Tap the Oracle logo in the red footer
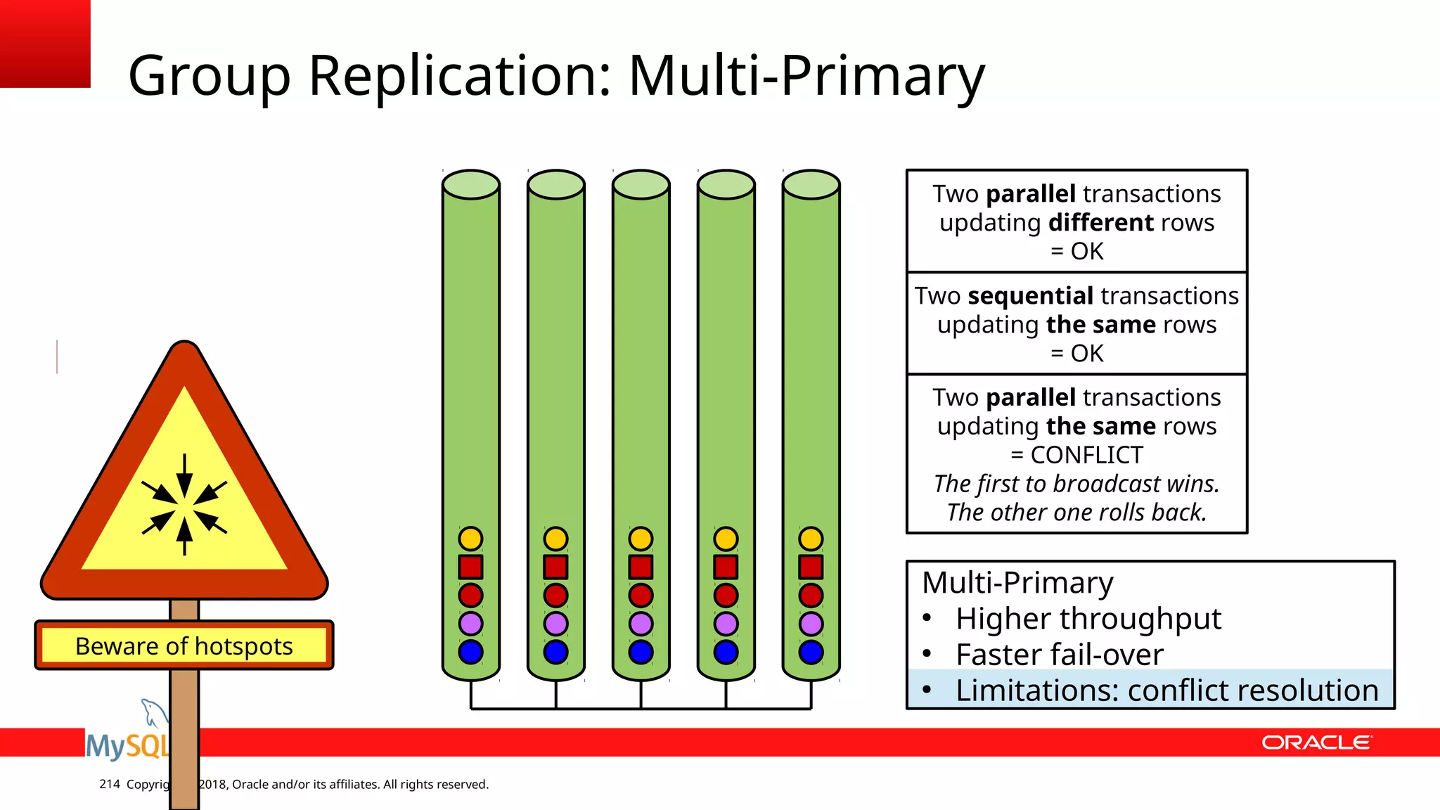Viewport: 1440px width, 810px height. point(1316,742)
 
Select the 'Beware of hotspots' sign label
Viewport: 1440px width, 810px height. point(184,645)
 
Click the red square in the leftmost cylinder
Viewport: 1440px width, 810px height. point(470,567)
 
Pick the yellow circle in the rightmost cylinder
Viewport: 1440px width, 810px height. point(811,539)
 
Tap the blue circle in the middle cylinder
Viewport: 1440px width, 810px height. point(641,652)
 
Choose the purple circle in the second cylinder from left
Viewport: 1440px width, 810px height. point(555,624)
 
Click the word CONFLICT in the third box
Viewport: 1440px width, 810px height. point(1086,455)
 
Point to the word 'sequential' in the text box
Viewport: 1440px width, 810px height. point(1030,296)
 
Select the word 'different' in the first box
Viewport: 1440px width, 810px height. point(1101,223)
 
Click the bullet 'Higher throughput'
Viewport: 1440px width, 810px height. point(1088,619)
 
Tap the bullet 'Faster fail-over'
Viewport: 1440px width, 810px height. point(1059,655)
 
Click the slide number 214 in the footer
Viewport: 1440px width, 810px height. point(110,784)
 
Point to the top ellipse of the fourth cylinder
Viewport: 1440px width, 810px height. point(726,184)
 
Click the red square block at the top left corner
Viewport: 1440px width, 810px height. point(45,44)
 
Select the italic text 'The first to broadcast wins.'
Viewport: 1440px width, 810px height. point(1076,484)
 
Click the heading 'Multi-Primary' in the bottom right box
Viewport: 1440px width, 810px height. point(1017,583)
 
